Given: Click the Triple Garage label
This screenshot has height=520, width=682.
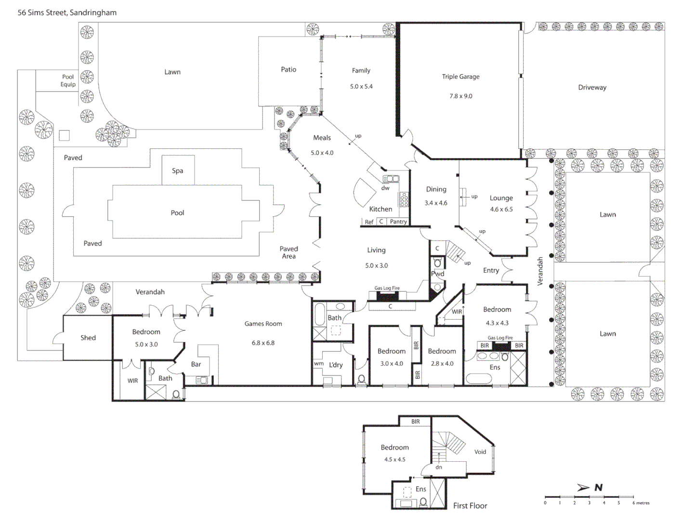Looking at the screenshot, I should coord(460,77).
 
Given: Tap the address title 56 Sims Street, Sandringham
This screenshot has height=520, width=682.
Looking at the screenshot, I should coord(67,13).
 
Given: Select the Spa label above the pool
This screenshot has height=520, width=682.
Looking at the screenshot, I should coord(177,171).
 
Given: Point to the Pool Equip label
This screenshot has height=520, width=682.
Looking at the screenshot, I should coord(68,80).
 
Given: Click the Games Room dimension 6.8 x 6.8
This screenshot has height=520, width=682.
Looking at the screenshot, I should coord(263,343).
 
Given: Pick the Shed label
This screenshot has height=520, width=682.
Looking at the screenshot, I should coord(88,338).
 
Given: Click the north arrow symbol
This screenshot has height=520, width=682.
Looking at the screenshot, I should coord(584,488).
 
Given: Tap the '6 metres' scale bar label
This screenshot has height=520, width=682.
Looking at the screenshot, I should coord(641,503).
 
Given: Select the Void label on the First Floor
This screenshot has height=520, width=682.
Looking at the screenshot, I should coord(480,452).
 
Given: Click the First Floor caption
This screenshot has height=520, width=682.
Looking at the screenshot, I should coord(470,506).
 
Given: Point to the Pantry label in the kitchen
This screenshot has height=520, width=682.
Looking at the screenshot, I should coord(398,221).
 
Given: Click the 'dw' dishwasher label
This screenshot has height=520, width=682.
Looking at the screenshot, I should coord(385,188).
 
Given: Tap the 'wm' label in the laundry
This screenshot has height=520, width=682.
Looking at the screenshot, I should coord(318,364).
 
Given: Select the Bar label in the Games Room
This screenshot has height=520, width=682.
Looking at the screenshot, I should coord(196,364).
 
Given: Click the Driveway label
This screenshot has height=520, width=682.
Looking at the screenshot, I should coord(592,88).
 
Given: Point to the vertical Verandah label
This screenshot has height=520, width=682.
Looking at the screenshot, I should coord(540,271).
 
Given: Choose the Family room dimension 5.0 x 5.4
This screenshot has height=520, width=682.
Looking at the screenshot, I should coord(361,87).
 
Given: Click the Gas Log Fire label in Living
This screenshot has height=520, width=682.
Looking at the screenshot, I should coord(387,288).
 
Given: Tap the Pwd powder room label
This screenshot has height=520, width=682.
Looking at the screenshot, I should coord(437,274).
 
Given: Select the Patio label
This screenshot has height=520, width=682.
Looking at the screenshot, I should coord(289,70).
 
